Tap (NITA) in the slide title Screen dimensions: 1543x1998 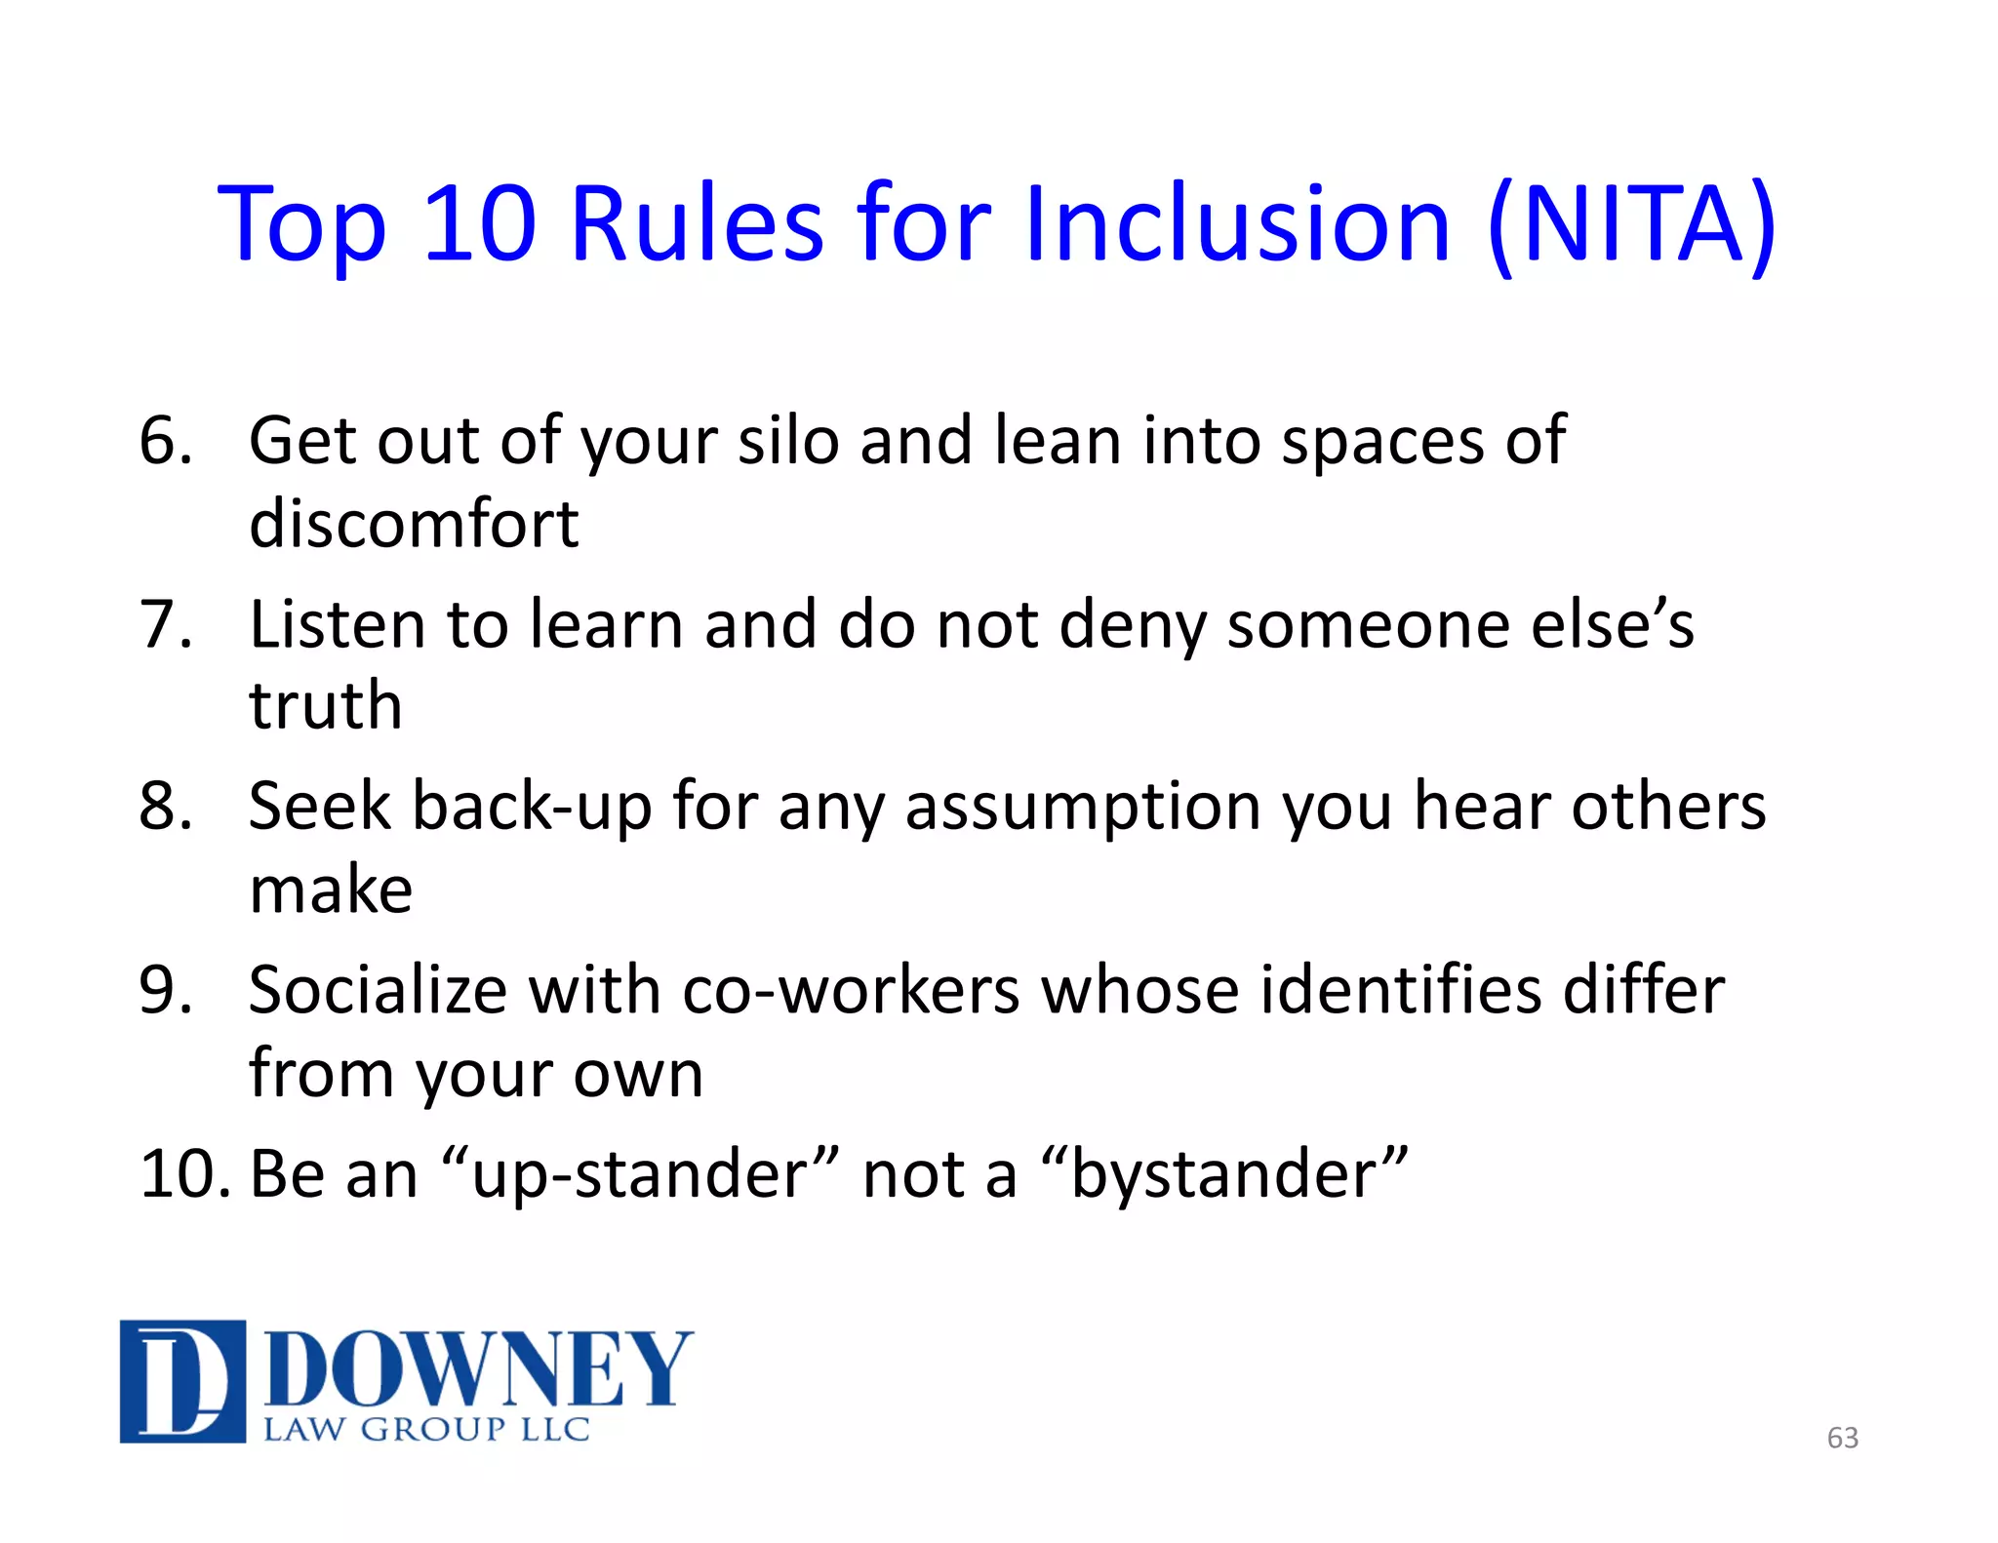(x=1632, y=226)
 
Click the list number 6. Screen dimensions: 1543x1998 (x=166, y=441)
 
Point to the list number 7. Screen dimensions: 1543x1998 (x=166, y=624)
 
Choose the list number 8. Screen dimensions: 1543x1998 (x=166, y=807)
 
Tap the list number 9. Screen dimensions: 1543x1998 (x=166, y=990)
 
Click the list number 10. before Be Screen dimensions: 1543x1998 (x=185, y=1173)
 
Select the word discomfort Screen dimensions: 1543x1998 (x=414, y=524)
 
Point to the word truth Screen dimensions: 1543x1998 (x=325, y=705)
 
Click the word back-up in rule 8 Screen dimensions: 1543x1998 (x=532, y=809)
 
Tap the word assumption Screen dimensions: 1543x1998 (x=1083, y=809)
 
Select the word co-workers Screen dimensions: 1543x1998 (x=850, y=991)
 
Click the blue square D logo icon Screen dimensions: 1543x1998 (x=182, y=1381)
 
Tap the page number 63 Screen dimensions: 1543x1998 (x=1842, y=1438)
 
